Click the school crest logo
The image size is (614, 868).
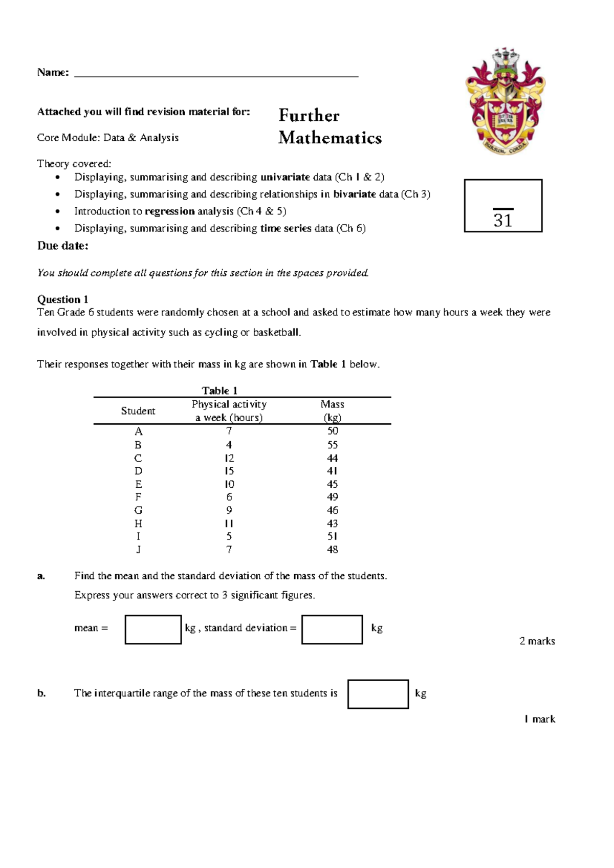point(505,101)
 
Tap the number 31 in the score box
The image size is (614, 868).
point(503,221)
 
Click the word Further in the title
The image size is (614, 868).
point(309,116)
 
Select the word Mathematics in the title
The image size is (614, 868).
point(330,138)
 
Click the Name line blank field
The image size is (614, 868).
point(216,73)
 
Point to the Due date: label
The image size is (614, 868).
point(62,246)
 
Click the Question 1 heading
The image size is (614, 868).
point(62,299)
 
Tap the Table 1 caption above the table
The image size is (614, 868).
point(220,390)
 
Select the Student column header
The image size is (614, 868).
point(138,411)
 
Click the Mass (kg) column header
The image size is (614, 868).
point(333,411)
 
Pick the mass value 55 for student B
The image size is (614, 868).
point(333,445)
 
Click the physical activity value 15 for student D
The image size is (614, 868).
point(229,471)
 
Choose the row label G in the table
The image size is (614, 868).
point(138,510)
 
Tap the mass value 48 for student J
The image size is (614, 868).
point(333,550)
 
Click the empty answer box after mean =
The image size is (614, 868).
point(153,630)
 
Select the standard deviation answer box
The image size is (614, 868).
point(332,630)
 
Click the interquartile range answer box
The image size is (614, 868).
point(378,694)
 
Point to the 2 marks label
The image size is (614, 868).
point(537,641)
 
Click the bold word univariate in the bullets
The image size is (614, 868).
point(285,177)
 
